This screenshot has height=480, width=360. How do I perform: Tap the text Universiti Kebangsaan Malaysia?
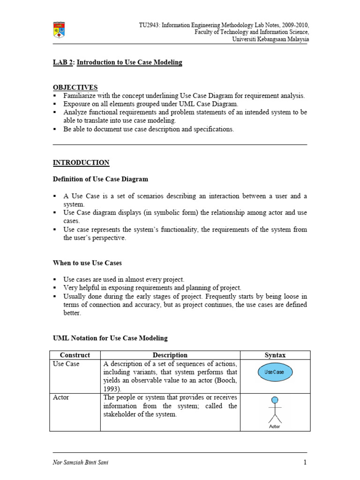point(270,39)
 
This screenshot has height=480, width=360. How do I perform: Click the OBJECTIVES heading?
point(75,87)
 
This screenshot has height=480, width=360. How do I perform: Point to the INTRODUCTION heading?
point(81,163)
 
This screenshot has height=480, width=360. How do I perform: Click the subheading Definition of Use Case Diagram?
point(100,179)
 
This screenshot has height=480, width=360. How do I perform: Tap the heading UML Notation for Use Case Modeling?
point(110,338)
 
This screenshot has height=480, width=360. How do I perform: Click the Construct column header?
point(75,355)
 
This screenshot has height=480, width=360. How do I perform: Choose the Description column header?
point(170,355)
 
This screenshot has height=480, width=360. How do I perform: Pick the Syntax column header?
point(275,355)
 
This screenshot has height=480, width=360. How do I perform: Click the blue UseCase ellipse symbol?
point(275,372)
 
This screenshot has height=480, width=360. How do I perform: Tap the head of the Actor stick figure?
point(275,399)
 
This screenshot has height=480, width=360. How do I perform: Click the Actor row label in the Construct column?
point(61,397)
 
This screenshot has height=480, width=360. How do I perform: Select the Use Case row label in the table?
point(66,364)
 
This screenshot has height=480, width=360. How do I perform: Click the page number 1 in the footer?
point(305,463)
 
